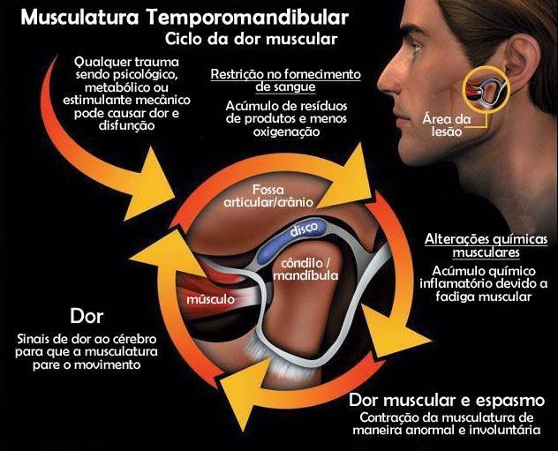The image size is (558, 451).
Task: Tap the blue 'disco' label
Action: pos(296,230)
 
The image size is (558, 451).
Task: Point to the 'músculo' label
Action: pos(211,299)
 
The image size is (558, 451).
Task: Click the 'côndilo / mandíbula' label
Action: pos(305,268)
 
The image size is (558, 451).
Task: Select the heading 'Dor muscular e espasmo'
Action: pos(453,398)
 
